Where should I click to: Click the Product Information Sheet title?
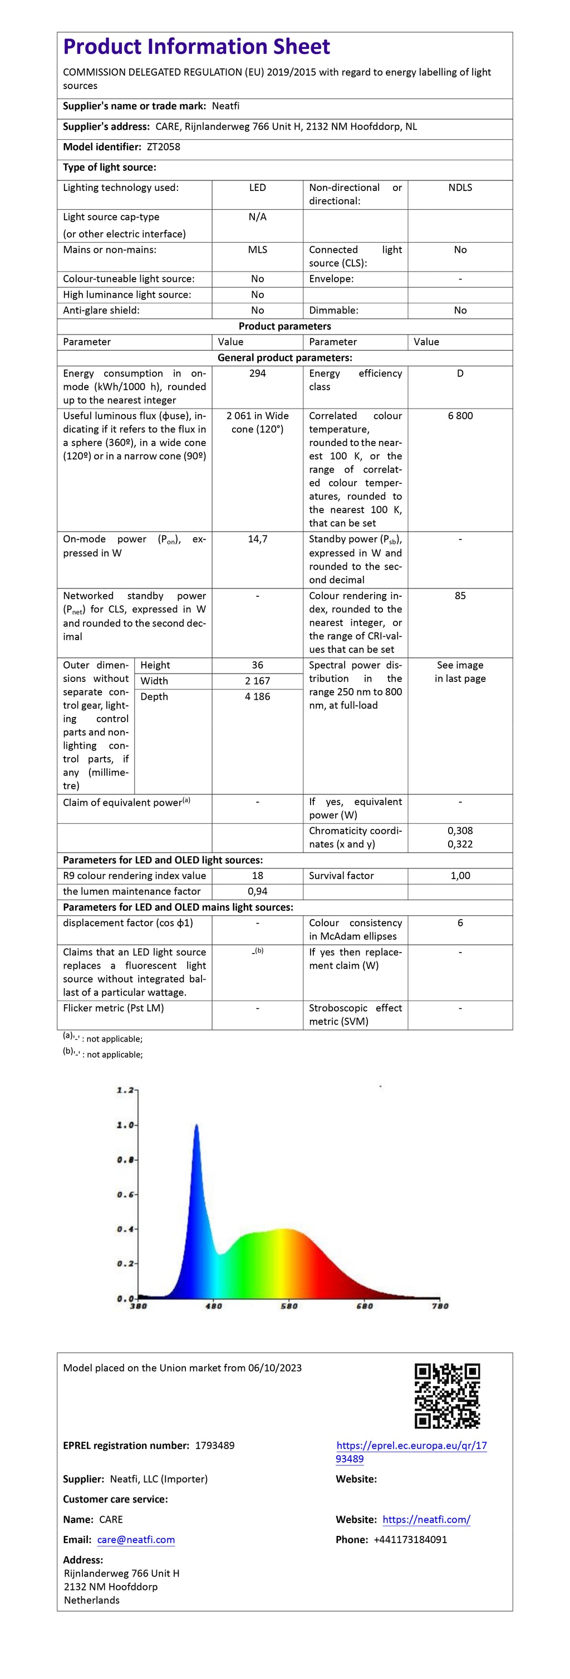(x=196, y=47)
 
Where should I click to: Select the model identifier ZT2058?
(x=164, y=146)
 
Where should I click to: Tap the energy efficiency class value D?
(x=460, y=374)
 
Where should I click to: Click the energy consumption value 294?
(x=257, y=374)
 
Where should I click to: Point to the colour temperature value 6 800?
(x=460, y=416)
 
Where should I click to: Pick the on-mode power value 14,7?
(x=257, y=539)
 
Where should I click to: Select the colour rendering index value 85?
(x=460, y=596)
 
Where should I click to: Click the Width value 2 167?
(x=257, y=680)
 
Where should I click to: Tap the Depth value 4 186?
(x=257, y=696)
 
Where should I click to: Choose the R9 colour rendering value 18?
(x=257, y=875)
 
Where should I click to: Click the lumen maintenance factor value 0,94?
(x=257, y=891)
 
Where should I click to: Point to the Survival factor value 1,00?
(x=460, y=875)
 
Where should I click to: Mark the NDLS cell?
(x=460, y=188)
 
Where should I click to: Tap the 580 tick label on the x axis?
(x=288, y=1305)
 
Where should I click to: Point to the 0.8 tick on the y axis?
(x=126, y=1160)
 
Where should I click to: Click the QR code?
(x=447, y=1396)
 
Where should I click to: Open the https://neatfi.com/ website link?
(x=426, y=1519)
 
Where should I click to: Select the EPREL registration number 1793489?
(x=215, y=1445)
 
